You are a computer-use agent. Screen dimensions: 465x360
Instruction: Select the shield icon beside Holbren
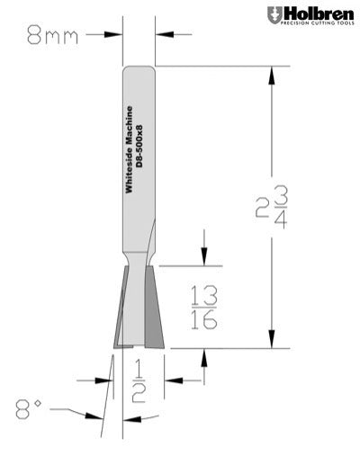pos(274,15)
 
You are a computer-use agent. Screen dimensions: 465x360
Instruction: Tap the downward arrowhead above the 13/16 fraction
pos(206,258)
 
